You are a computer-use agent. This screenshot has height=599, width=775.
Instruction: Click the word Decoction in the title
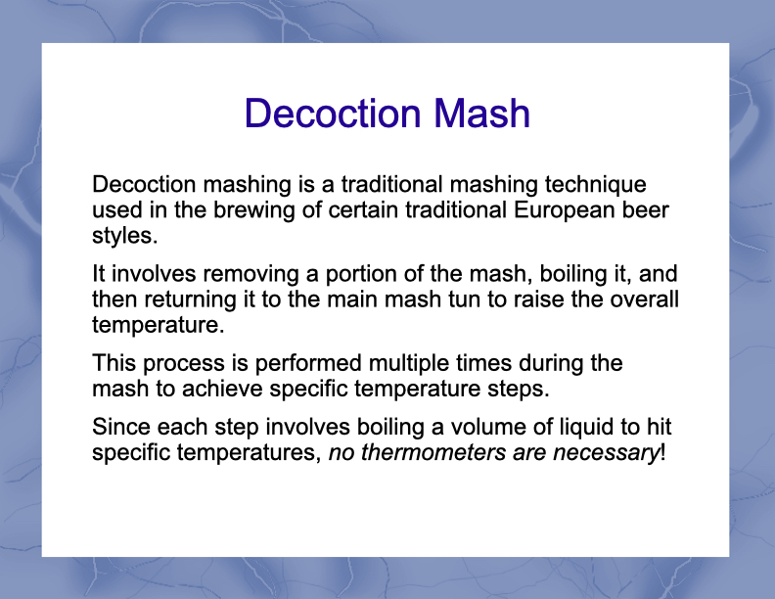tap(333, 114)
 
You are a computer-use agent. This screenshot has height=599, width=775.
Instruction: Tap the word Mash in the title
tap(481, 114)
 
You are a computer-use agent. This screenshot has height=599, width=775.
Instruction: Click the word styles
tap(125, 237)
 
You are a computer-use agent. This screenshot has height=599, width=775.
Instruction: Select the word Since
tap(121, 427)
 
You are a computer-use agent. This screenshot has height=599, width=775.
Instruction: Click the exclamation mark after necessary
tap(662, 453)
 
